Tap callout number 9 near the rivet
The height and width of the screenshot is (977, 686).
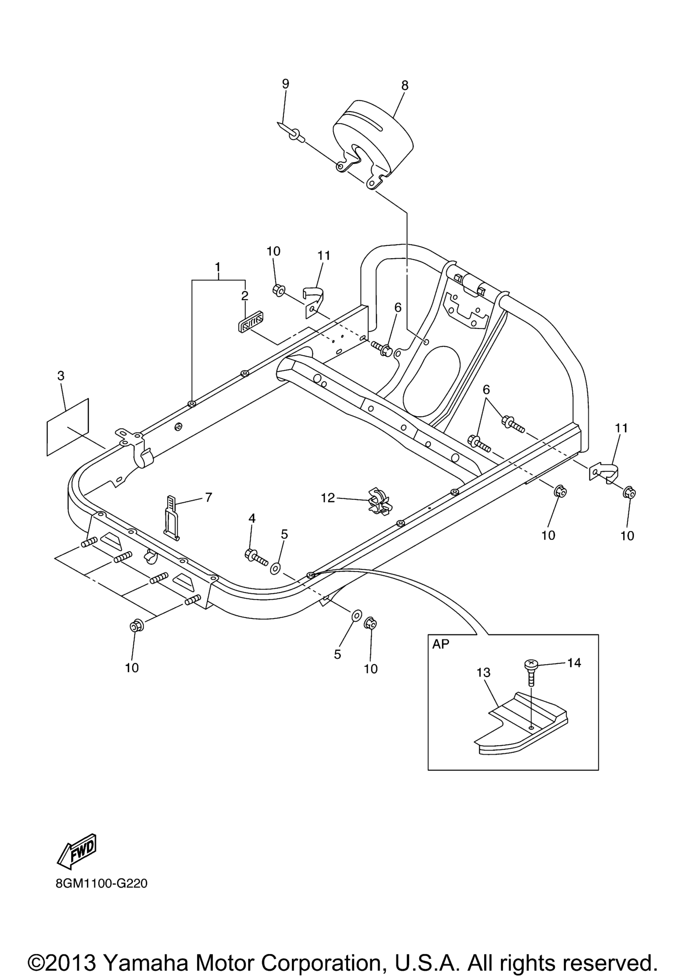click(x=285, y=84)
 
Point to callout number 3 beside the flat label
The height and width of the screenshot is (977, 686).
click(x=61, y=376)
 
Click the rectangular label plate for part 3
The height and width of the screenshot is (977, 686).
click(x=68, y=427)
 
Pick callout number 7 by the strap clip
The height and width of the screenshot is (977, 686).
click(x=208, y=497)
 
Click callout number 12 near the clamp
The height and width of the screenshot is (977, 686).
click(x=328, y=498)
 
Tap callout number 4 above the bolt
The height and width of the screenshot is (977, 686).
click(x=252, y=518)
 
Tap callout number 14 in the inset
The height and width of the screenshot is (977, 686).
click(x=574, y=663)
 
